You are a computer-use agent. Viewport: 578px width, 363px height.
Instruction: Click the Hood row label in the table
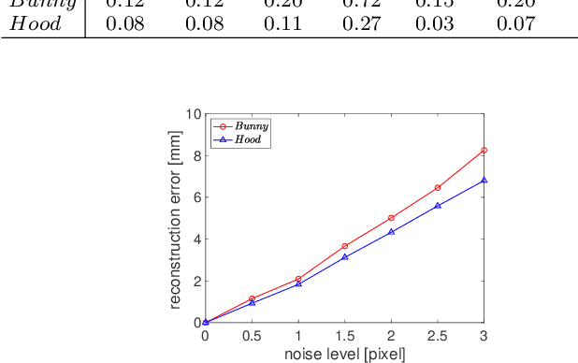[x=36, y=22]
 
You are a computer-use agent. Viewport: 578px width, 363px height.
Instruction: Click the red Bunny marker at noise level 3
[x=484, y=150]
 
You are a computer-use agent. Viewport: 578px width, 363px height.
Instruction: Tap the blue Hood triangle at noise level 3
[x=484, y=180]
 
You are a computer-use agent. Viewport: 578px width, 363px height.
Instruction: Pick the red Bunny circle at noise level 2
[x=391, y=218]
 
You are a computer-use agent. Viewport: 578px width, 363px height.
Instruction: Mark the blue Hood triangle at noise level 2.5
[x=438, y=205]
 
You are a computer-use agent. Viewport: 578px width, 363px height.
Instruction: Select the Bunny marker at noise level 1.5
[x=345, y=246]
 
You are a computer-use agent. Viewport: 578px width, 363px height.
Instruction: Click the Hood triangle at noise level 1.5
[x=345, y=256]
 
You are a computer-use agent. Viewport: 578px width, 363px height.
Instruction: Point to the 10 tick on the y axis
[x=194, y=114]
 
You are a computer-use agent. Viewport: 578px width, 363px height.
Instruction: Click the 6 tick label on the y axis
[x=197, y=197]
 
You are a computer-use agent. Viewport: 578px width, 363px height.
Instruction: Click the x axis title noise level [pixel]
[x=344, y=355]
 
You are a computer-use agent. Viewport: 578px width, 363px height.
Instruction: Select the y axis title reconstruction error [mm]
[x=175, y=218]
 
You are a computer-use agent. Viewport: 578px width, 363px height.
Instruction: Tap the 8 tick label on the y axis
[x=197, y=156]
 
